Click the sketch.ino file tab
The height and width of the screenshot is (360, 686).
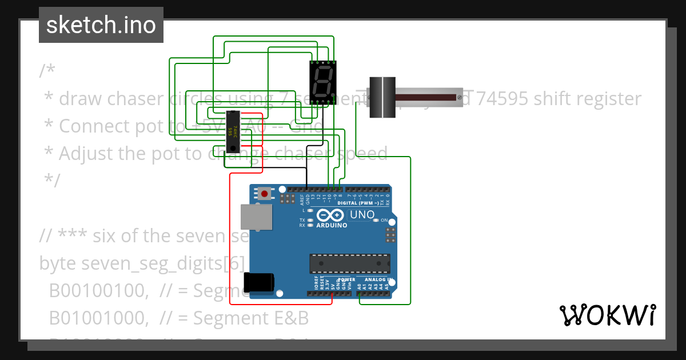pos(101,25)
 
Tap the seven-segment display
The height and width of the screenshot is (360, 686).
pos(322,82)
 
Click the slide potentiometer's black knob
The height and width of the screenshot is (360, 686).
pos(382,98)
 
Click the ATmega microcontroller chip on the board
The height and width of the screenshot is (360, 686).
pos(349,263)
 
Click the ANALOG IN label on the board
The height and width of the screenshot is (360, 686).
pos(374,280)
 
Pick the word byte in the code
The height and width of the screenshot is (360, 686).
pos(57,263)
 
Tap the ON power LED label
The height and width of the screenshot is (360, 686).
pos(384,221)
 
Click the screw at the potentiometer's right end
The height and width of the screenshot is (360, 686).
pos(458,98)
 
